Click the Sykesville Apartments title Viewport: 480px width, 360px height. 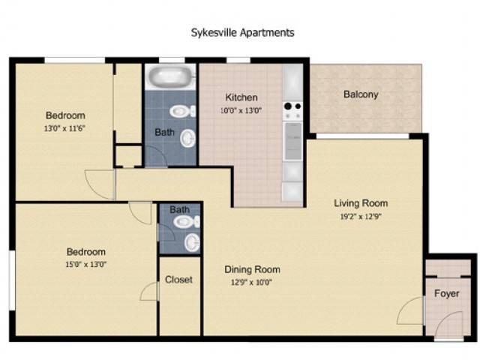pyautogui.click(x=242, y=32)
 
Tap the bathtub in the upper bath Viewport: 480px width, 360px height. pyautogui.click(x=170, y=76)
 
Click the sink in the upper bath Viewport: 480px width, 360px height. pyautogui.click(x=187, y=138)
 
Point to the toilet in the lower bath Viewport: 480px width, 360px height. pyautogui.click(x=187, y=222)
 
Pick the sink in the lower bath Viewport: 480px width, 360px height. pyautogui.click(x=192, y=242)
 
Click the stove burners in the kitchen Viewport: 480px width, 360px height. pyautogui.click(x=292, y=106)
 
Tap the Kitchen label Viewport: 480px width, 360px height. pyautogui.click(x=241, y=97)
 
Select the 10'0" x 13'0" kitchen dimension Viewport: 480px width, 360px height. pyautogui.click(x=241, y=110)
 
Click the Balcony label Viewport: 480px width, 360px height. pyautogui.click(x=361, y=94)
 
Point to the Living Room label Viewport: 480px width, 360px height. pyautogui.click(x=361, y=203)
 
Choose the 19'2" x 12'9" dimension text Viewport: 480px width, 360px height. pyautogui.click(x=361, y=217)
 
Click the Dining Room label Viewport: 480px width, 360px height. pyautogui.click(x=252, y=269)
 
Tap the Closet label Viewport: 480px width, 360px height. pyautogui.click(x=178, y=280)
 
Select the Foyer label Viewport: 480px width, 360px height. pyautogui.click(x=447, y=293)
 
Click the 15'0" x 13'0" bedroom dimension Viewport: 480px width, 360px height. pyautogui.click(x=85, y=264)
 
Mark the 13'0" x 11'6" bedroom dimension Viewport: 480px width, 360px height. pyautogui.click(x=64, y=128)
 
